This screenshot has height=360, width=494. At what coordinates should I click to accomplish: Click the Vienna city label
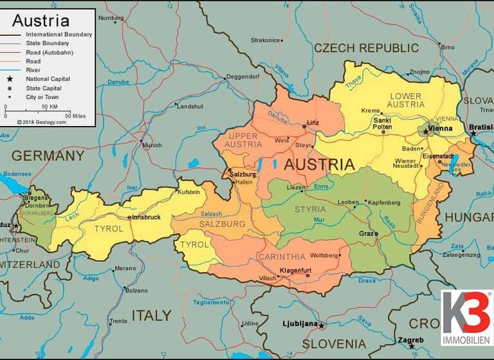441,128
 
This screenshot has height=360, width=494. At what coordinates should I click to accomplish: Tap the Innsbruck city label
147,217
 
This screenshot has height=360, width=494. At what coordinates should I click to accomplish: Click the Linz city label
313,122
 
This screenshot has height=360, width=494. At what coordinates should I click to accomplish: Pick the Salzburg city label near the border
243,174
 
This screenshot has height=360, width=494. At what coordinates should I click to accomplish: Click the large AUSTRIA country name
319,165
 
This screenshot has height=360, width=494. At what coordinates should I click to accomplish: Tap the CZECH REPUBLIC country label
366,48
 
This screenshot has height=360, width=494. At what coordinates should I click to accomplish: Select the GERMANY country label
48,156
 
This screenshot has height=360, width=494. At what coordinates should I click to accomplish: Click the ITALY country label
152,315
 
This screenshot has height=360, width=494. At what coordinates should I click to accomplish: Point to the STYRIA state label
310,210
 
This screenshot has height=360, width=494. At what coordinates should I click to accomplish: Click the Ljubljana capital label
300,323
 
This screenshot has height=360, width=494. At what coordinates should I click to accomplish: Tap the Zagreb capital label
411,340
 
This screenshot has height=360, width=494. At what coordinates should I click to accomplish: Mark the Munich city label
152,145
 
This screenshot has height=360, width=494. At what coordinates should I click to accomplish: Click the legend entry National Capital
48,79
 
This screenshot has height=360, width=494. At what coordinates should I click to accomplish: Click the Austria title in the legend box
41,20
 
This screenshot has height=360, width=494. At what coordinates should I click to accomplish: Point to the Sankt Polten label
383,123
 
